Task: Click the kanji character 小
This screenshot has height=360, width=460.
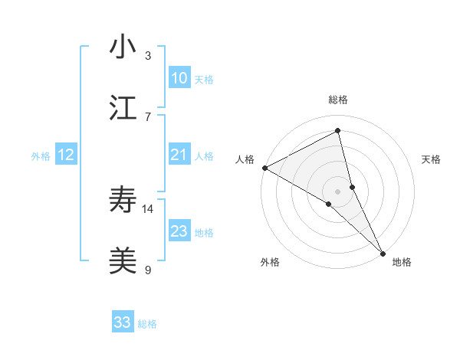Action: [x=123, y=47]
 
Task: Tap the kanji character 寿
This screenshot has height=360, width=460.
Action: [x=123, y=201]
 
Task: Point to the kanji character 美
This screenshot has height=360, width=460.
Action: [x=123, y=261]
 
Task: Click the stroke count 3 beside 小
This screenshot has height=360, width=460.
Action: [x=148, y=56]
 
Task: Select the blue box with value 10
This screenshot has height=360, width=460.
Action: [x=179, y=78]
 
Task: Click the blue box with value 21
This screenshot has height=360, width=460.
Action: [x=179, y=155]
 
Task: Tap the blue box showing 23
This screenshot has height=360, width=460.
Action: [x=179, y=231]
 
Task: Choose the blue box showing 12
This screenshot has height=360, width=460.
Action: [x=66, y=155]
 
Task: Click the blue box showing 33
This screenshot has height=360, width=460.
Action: [x=123, y=322]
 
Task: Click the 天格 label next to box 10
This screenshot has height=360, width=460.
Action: [x=204, y=80]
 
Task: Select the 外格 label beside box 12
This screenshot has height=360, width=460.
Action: [x=41, y=156]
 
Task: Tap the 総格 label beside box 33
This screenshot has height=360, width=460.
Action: [x=147, y=324]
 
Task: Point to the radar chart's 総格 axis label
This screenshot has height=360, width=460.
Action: [x=338, y=100]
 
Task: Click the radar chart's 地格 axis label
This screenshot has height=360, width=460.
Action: [x=402, y=262]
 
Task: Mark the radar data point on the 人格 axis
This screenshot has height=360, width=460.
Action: [x=264, y=168]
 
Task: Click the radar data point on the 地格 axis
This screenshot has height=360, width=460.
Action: [x=383, y=252]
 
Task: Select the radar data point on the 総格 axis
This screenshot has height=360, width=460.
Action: [x=338, y=131]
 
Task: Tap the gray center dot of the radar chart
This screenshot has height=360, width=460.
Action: [x=338, y=191]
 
